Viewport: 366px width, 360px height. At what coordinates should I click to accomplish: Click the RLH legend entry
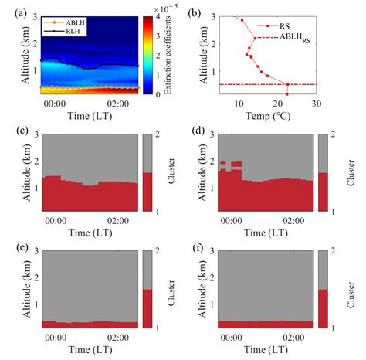69,31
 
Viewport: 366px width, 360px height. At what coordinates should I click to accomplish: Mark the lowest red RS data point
286,93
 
